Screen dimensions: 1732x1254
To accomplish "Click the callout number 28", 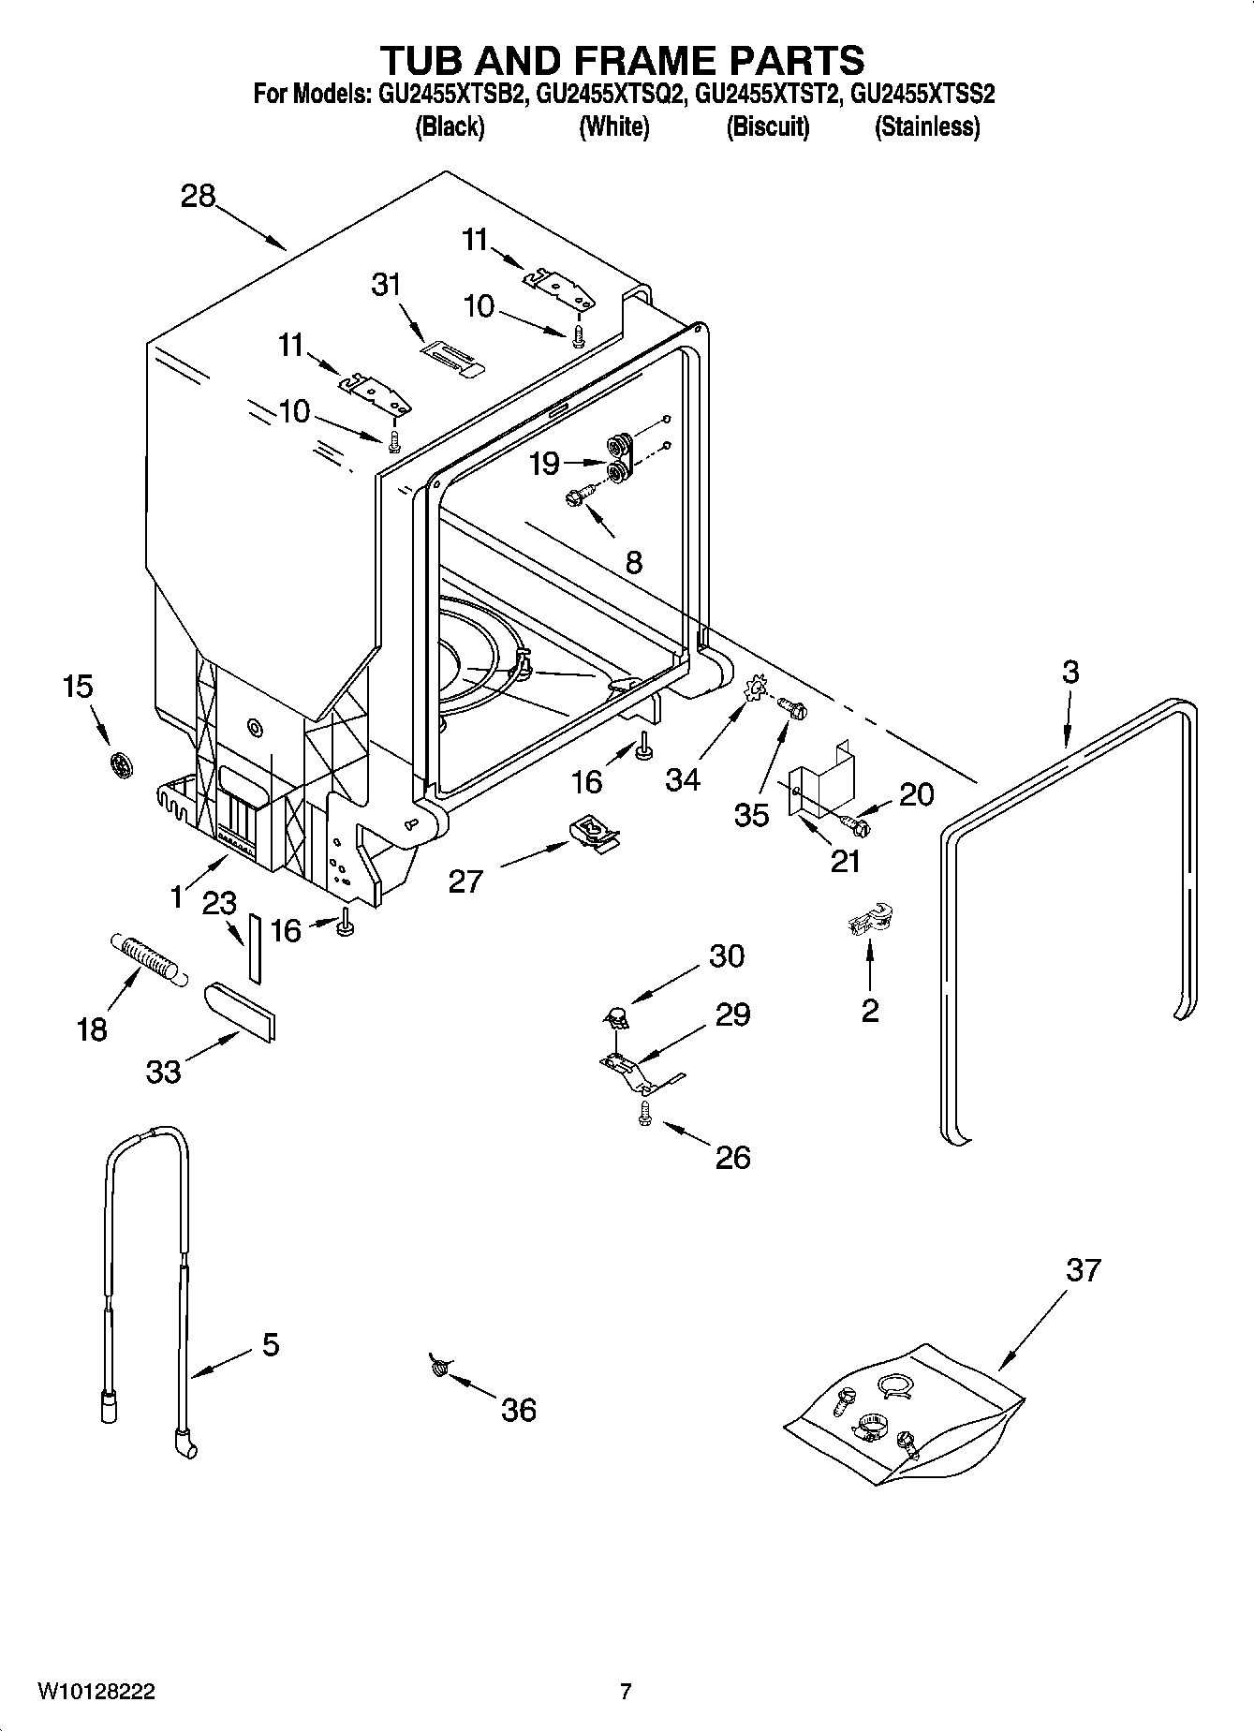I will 199,197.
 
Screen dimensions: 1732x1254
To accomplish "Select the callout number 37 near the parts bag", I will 1083,1271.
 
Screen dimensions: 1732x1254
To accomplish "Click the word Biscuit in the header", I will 768,126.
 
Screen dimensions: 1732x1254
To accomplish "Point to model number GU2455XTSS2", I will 922,95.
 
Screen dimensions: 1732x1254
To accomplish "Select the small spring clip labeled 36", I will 437,1367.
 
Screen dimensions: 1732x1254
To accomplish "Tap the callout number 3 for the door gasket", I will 1070,672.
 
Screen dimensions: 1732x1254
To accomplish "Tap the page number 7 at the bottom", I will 626,1691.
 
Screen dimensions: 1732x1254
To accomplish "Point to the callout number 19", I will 545,464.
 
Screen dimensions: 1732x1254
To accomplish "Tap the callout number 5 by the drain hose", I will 270,1345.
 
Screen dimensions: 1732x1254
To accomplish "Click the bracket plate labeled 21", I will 821,779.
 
